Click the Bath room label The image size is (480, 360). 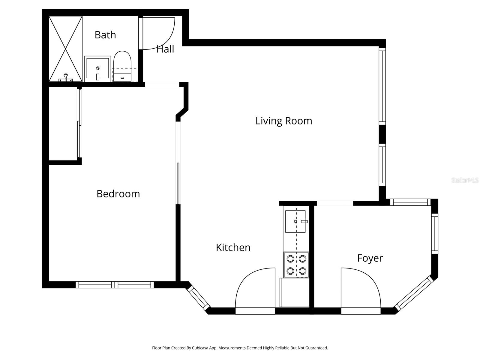pyautogui.click(x=105, y=35)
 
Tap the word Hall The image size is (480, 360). pyautogui.click(x=165, y=49)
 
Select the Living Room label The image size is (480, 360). pyautogui.click(x=283, y=121)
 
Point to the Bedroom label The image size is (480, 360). pyautogui.click(x=118, y=193)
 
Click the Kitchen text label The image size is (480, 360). pyautogui.click(x=233, y=247)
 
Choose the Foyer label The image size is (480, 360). pyautogui.click(x=370, y=258)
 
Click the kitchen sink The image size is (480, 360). pyautogui.click(x=295, y=221)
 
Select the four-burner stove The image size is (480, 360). pyautogui.click(x=296, y=265)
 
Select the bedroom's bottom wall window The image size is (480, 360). pyautogui.click(x=115, y=284)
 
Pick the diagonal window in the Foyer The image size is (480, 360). pyautogui.click(x=414, y=293)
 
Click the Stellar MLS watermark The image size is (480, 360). pyautogui.click(x=465, y=180)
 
